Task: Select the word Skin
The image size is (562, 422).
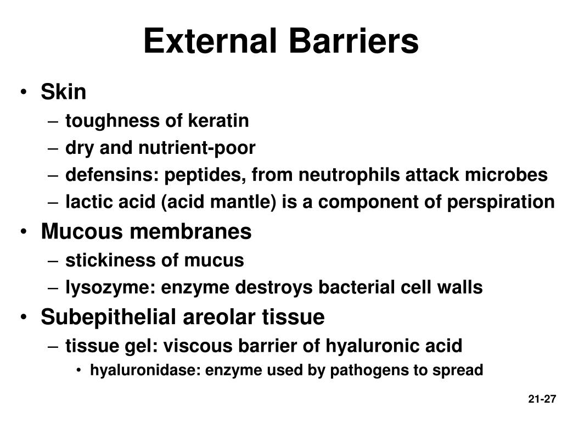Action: (63, 92)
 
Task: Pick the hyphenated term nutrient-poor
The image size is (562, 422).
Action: (196, 148)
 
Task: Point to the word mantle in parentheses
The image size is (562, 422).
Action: (244, 202)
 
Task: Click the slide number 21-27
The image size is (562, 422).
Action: (542, 399)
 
